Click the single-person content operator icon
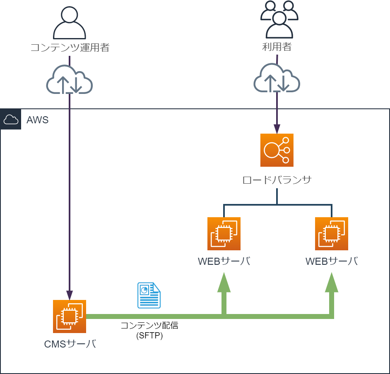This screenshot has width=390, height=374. [x=70, y=23]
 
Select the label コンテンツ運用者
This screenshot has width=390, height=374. [x=70, y=48]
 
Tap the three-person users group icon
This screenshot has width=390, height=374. [x=279, y=19]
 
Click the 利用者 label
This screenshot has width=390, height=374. [x=277, y=47]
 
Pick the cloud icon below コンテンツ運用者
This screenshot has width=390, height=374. [x=70, y=79]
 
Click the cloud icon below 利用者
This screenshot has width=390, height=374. [x=277, y=78]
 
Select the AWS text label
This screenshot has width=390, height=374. [x=38, y=120]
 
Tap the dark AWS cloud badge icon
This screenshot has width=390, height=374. [x=11, y=119]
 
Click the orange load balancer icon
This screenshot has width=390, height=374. [x=277, y=150]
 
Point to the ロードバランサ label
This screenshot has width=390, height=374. [x=277, y=180]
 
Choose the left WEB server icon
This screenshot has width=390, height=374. [x=224, y=234]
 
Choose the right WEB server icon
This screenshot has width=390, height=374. [x=332, y=234]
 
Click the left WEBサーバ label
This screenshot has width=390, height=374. [x=224, y=261]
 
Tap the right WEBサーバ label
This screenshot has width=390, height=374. [x=332, y=261]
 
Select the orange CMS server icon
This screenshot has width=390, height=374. [x=70, y=316]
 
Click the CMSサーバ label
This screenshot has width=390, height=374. [x=70, y=344]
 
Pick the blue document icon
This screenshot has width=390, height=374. [x=149, y=295]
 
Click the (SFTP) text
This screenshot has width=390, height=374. [x=149, y=336]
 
